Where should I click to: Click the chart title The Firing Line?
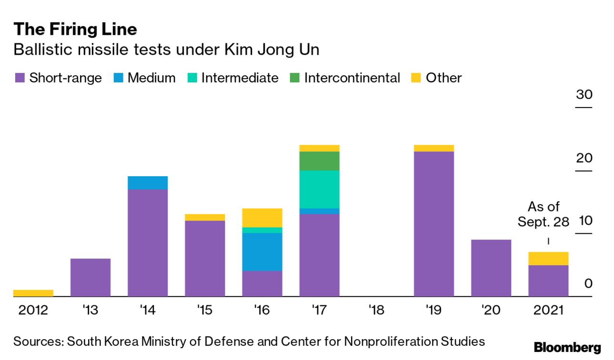click(x=75, y=30)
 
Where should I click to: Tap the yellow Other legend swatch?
click(x=415, y=78)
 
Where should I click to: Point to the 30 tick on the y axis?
click(x=584, y=95)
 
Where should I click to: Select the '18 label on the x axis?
click(x=376, y=310)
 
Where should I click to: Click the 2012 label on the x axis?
click(x=33, y=310)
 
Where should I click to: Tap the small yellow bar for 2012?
click(x=33, y=293)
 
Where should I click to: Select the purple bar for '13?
click(x=91, y=277)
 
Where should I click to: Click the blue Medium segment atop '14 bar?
click(x=148, y=183)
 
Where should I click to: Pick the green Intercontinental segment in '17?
click(x=319, y=161)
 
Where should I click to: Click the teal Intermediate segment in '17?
click(x=319, y=189)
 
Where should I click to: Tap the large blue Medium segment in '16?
click(x=262, y=252)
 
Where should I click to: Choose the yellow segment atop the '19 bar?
click(x=434, y=148)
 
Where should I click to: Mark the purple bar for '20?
click(x=491, y=268)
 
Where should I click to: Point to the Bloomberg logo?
click(x=567, y=348)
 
